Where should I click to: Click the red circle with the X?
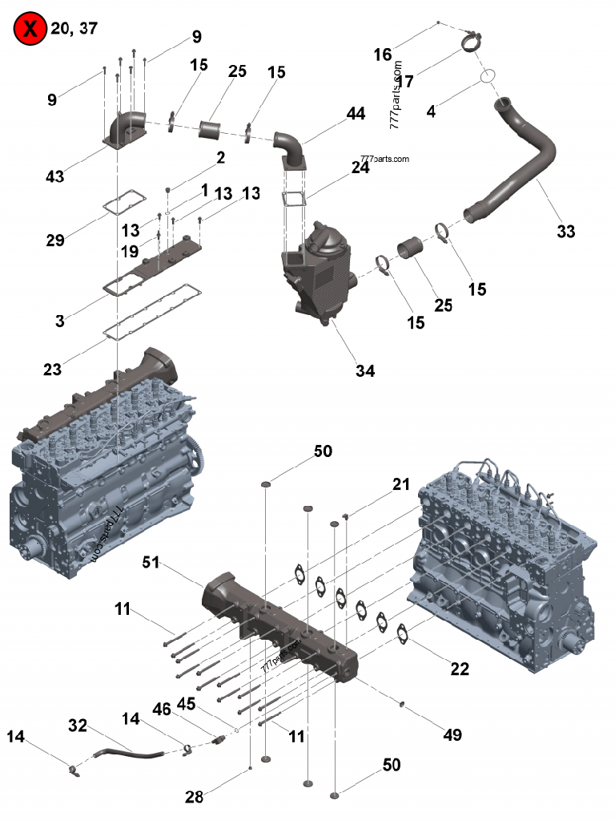(x=30, y=30)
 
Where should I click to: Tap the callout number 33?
(x=565, y=232)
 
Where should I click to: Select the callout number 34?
(x=365, y=370)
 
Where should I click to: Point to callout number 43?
(x=54, y=174)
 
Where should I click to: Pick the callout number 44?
(x=356, y=115)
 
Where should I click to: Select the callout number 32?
(x=77, y=726)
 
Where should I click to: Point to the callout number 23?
(x=53, y=369)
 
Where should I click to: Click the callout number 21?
(x=401, y=484)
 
